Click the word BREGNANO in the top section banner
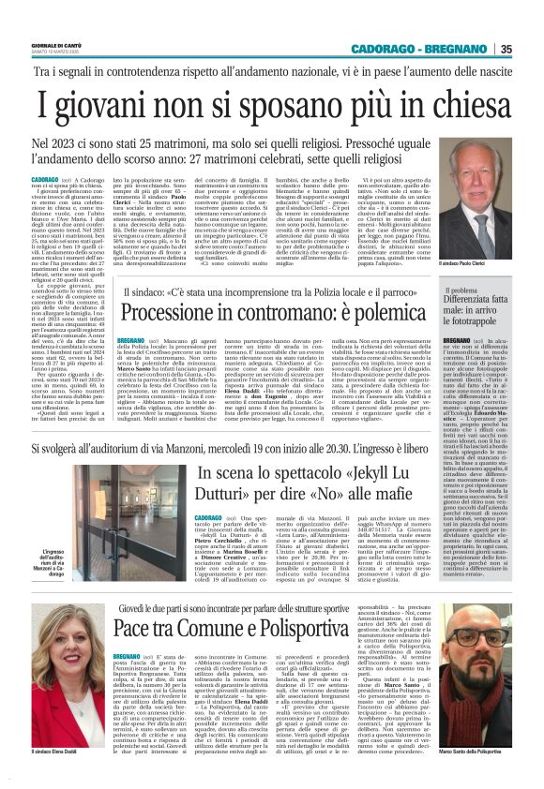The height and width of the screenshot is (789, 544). click(x=460, y=49)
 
